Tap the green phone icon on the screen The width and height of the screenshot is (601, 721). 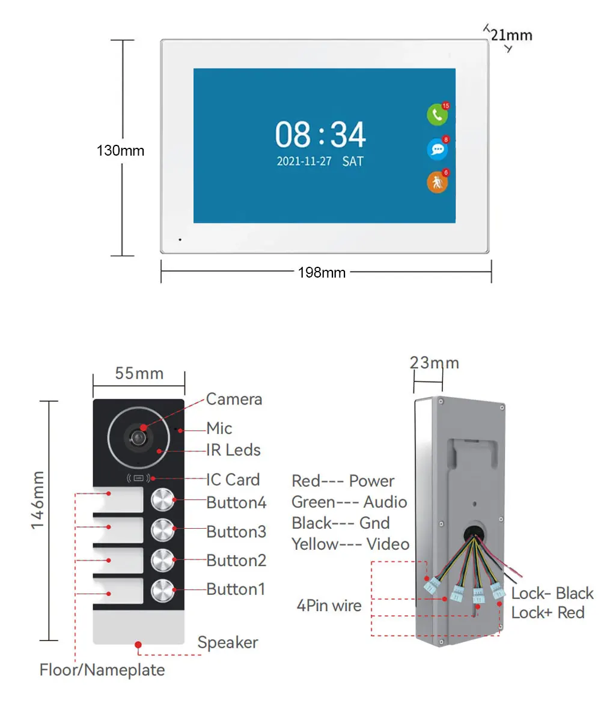[438, 115]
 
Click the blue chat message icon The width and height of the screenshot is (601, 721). [438, 149]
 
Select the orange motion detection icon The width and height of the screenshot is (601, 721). [438, 182]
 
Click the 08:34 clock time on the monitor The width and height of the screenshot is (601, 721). [320, 135]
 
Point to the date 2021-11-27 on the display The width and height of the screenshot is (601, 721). [304, 161]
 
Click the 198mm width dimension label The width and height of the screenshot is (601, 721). [322, 273]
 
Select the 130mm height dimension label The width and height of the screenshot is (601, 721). [120, 151]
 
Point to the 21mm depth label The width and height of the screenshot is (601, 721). [511, 35]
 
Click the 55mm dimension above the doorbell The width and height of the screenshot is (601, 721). [139, 373]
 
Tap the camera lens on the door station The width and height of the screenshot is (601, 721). [138, 438]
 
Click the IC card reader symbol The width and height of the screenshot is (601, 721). [138, 478]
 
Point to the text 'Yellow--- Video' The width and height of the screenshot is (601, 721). [350, 544]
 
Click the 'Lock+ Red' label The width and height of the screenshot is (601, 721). [548, 613]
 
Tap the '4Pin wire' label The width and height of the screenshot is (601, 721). [329, 606]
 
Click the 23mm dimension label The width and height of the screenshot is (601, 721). [435, 363]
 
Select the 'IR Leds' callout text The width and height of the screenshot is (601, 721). [234, 450]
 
